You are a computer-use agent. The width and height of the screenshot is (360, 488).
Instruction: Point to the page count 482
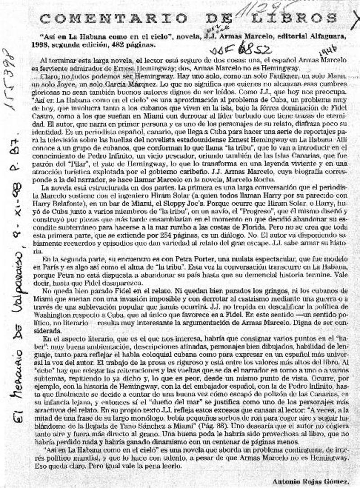pos(118,45)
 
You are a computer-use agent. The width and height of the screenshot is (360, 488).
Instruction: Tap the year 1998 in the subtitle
pos(47,45)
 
